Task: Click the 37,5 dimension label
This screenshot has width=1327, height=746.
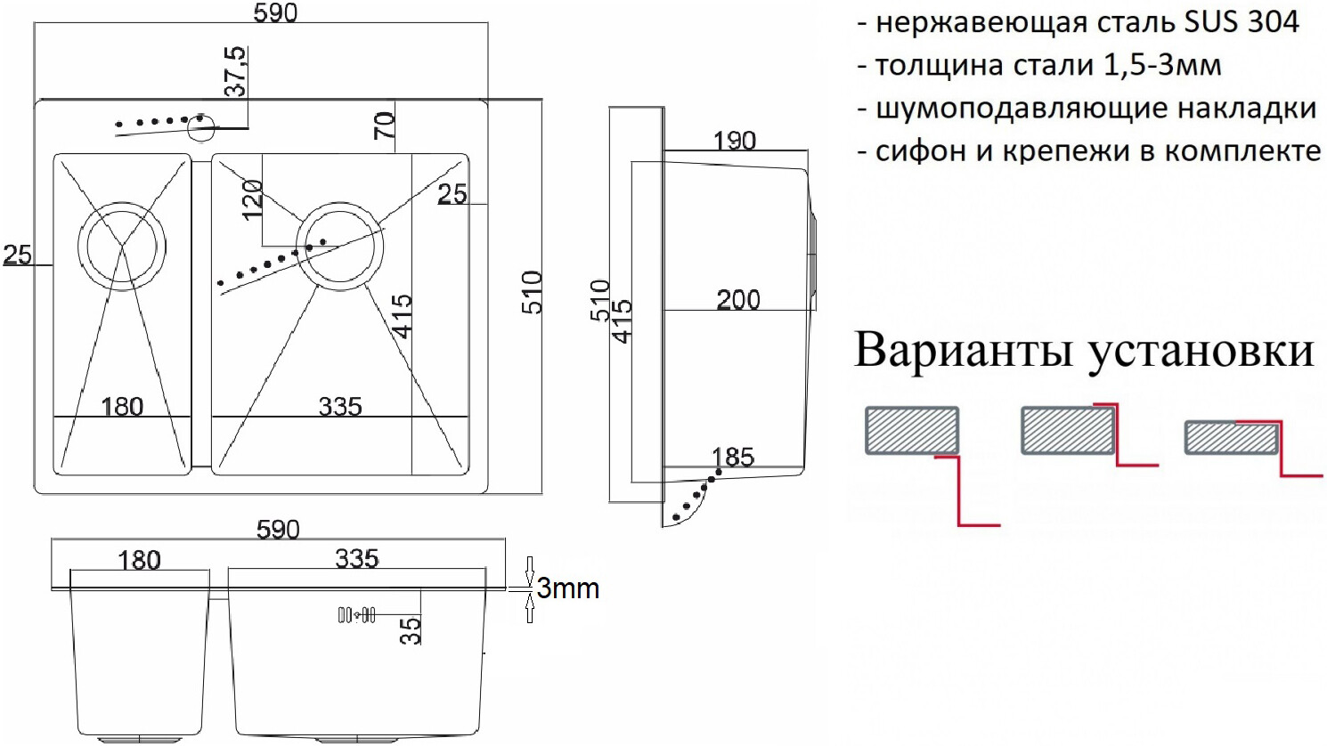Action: (236, 74)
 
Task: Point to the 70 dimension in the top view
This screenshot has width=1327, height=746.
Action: (385, 126)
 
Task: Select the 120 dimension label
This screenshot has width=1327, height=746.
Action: (252, 199)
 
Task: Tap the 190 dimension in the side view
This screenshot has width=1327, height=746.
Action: (734, 141)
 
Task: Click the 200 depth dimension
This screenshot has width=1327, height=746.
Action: (738, 300)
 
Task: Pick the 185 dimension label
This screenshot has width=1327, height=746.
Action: (733, 458)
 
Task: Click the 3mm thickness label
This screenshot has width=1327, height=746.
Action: (567, 588)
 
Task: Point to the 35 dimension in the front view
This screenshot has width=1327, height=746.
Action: (411, 629)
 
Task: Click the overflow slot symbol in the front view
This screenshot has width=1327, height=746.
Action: (357, 614)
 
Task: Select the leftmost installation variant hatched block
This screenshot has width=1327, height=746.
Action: (911, 431)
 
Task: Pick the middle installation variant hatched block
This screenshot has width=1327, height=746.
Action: (1067, 431)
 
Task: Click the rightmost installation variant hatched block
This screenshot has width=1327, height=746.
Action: (1232, 437)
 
